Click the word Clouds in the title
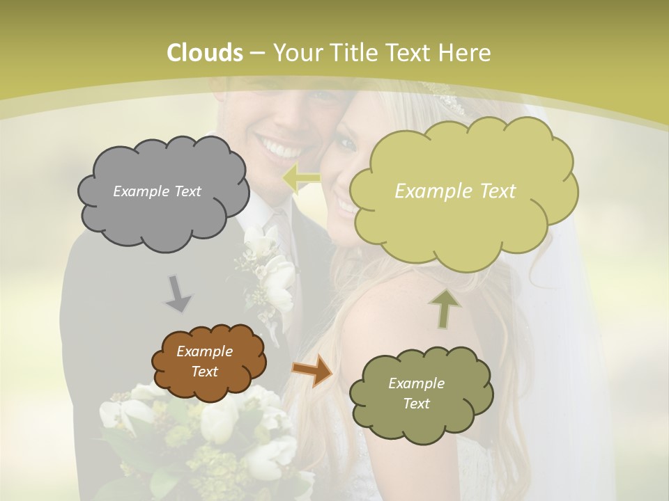click(205, 53)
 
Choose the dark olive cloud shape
click(421, 394)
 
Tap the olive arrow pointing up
click(445, 307)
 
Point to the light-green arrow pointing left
click(301, 177)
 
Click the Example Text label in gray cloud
click(157, 191)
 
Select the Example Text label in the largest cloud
click(455, 191)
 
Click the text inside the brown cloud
click(204, 362)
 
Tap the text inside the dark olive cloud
click(416, 393)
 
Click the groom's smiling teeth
click(282, 147)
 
